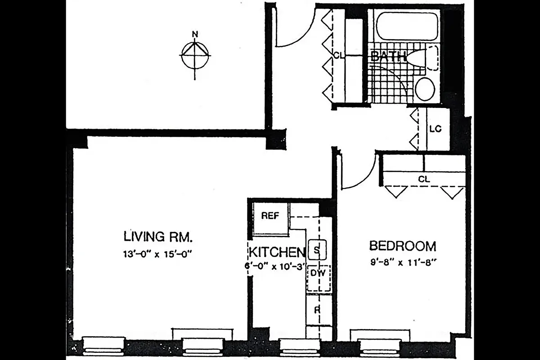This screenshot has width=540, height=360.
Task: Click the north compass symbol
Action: (195, 54)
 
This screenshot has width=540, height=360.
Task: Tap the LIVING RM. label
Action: (158, 236)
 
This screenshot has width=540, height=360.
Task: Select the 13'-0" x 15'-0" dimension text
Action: (158, 253)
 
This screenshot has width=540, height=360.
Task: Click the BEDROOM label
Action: (402, 246)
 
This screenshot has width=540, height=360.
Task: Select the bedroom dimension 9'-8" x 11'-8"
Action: (402, 262)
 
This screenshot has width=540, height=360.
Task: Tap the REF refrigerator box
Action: (270, 216)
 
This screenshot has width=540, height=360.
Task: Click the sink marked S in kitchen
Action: (317, 250)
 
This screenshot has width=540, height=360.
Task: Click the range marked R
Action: (317, 310)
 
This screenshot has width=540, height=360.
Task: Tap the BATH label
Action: (388, 57)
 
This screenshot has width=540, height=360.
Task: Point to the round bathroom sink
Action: (424, 89)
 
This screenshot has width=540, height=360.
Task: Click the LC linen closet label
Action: (435, 129)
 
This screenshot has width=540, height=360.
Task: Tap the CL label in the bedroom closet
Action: (424, 179)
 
